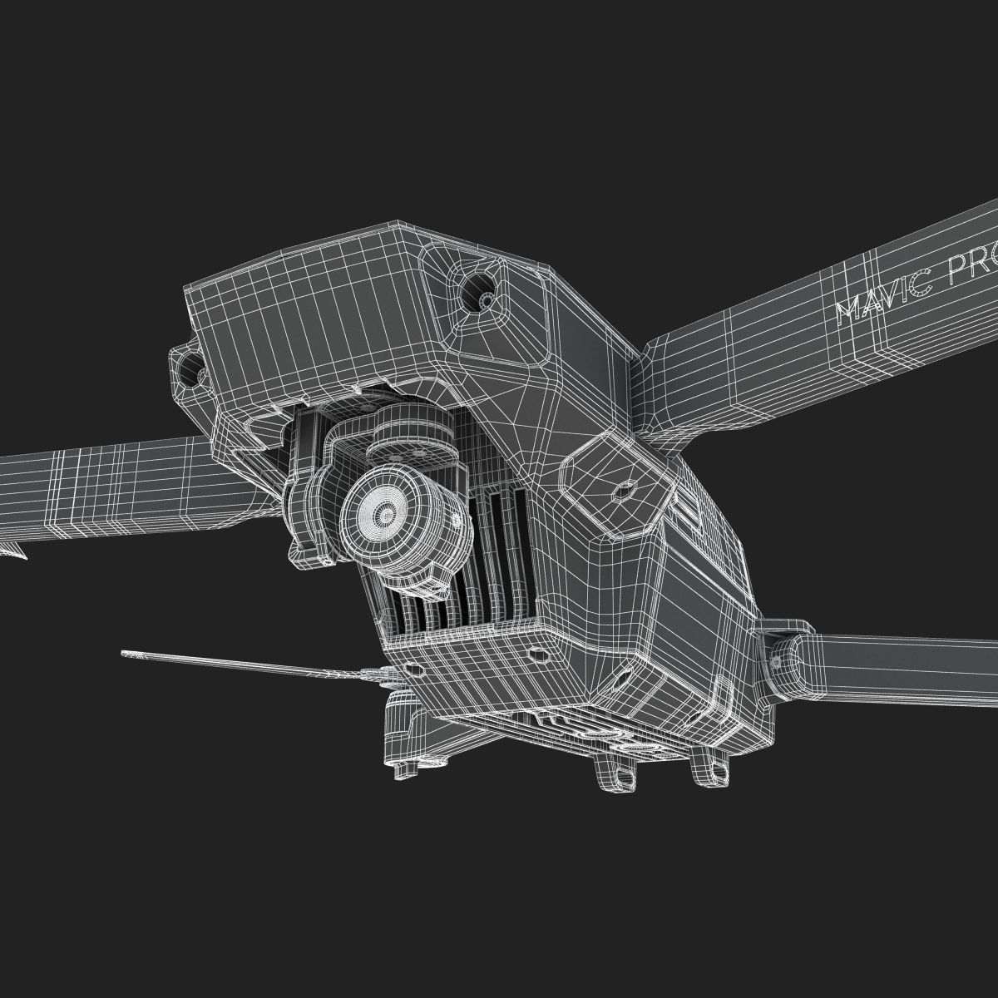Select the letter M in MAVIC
848,311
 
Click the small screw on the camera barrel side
456,521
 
